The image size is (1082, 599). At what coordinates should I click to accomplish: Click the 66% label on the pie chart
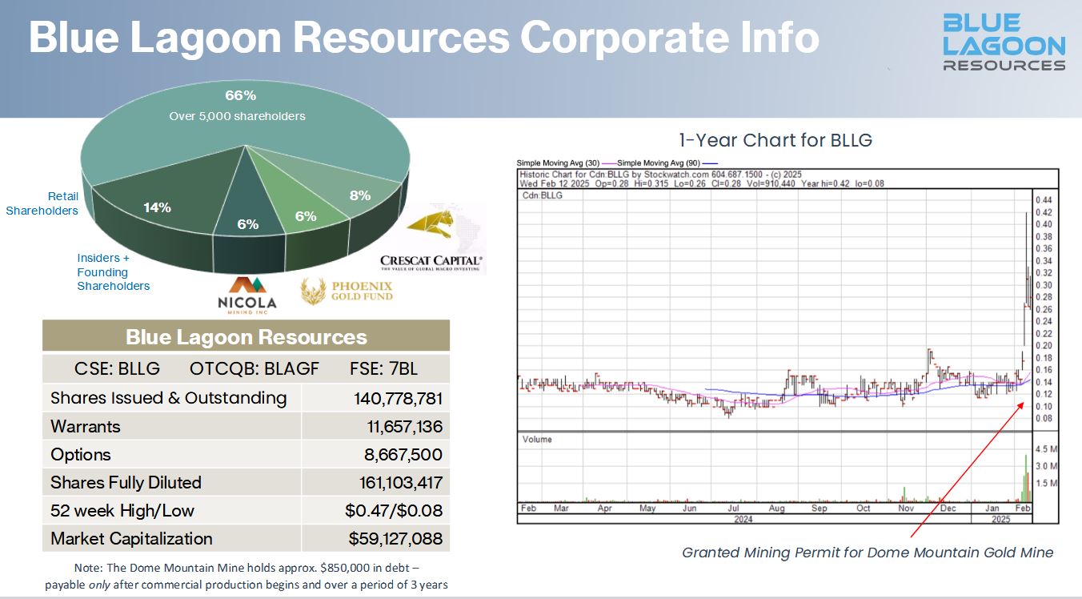click(x=240, y=96)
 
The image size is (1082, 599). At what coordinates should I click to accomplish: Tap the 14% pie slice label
click(x=157, y=207)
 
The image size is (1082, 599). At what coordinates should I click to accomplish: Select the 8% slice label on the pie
click(x=360, y=195)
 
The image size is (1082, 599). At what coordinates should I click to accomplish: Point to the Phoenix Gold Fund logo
click(x=347, y=290)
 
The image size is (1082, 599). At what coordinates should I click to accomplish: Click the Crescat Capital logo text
click(x=431, y=261)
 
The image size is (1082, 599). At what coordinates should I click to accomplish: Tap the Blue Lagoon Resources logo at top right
click(x=1004, y=42)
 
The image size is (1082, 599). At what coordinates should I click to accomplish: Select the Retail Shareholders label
click(x=42, y=203)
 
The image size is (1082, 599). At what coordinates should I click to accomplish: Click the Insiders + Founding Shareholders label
click(x=113, y=272)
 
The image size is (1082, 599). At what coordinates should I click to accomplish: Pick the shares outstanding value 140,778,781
click(x=398, y=398)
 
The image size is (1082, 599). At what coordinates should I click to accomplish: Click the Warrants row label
click(x=85, y=426)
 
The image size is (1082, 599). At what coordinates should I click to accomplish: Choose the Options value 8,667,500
click(x=403, y=454)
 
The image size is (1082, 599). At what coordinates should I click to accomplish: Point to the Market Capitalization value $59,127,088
click(x=395, y=538)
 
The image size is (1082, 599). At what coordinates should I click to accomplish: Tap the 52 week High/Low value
click(x=395, y=510)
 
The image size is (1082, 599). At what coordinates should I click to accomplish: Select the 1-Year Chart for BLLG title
click(x=775, y=140)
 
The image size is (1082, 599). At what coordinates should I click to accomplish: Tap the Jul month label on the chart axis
click(x=732, y=508)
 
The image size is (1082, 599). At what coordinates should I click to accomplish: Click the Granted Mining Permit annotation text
click(x=868, y=552)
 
